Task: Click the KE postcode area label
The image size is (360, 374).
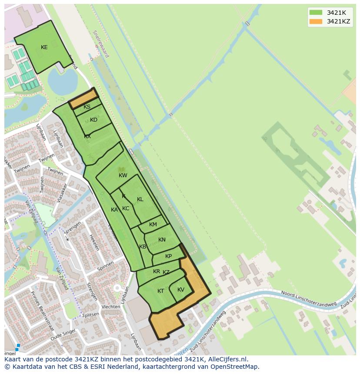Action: [x=44, y=47]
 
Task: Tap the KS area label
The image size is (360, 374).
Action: [x=87, y=107]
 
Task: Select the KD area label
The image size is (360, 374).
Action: [x=93, y=120]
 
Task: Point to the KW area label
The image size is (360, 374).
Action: [x=123, y=175]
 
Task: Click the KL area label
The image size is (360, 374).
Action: [x=140, y=199]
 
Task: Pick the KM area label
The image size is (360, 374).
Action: [x=153, y=225]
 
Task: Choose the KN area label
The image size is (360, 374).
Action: [x=162, y=240]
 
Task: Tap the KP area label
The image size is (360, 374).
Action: [x=168, y=256]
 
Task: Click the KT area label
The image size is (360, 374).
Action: [x=160, y=291]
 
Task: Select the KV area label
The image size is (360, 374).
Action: [x=181, y=290]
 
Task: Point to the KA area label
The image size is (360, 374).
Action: [x=114, y=210]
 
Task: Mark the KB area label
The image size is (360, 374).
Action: [x=142, y=247]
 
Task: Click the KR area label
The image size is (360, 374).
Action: [x=156, y=271]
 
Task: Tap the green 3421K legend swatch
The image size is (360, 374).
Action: [x=316, y=13]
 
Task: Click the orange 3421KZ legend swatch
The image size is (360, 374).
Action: [x=316, y=21]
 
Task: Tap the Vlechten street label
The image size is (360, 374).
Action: [x=110, y=307]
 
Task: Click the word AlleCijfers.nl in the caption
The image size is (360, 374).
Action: [x=227, y=359]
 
